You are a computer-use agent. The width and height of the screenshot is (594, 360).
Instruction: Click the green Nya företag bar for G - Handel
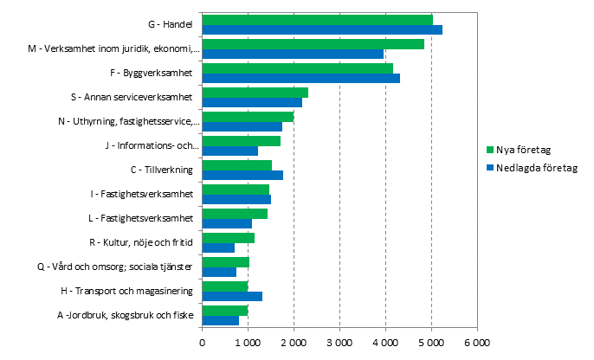[317, 20]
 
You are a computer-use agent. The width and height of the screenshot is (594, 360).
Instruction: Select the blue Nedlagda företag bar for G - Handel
[322, 30]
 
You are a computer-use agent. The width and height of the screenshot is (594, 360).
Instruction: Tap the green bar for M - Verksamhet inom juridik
[313, 44]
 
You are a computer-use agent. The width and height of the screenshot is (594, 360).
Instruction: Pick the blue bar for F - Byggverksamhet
[300, 79]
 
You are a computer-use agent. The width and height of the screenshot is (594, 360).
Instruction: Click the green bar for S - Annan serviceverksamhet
[255, 93]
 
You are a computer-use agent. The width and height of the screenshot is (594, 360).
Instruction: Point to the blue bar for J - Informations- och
[229, 151]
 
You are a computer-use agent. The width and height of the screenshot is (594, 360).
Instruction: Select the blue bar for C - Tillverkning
[242, 176]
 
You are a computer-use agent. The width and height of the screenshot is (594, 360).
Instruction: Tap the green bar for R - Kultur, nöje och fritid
[228, 238]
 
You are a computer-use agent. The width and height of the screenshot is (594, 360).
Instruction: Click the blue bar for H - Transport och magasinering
[232, 297]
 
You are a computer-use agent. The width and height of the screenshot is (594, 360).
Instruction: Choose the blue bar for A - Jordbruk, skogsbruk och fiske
[220, 321]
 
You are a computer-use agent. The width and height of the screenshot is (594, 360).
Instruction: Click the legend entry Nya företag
[522, 148]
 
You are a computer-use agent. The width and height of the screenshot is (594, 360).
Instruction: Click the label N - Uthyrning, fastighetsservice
[129, 121]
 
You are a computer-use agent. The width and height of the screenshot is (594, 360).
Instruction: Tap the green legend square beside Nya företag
[489, 148]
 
